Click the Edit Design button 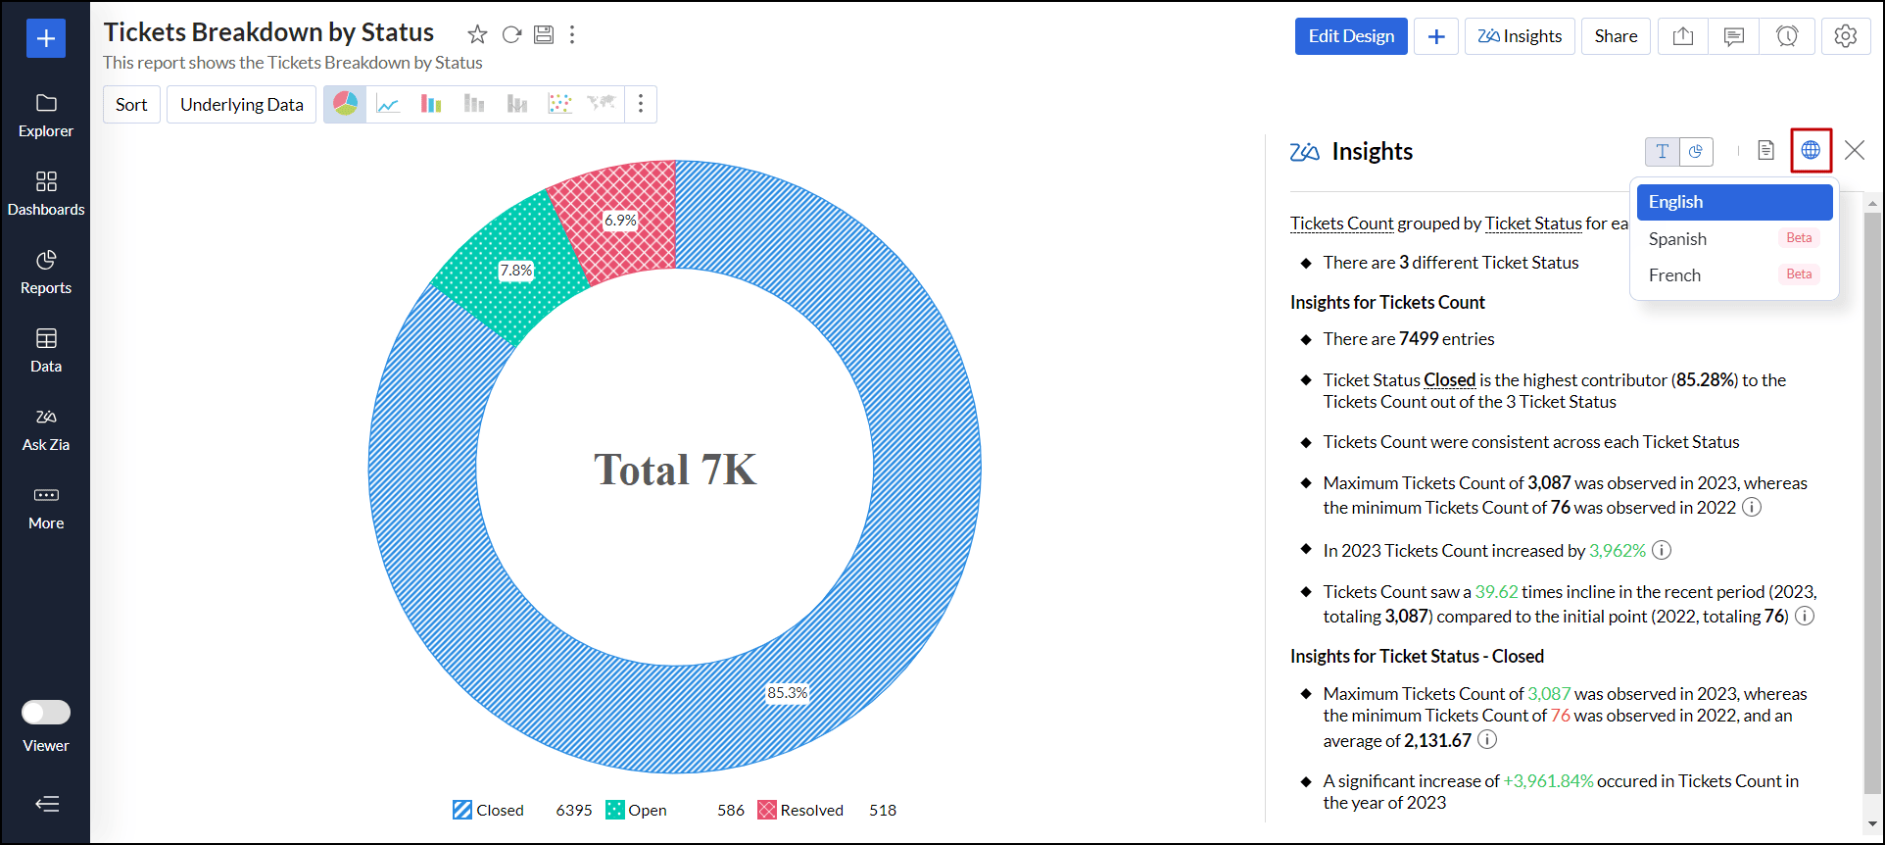coord(1350,36)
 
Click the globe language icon coord(1811,150)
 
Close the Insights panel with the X coord(1854,150)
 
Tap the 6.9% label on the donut coord(620,221)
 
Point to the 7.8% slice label coord(516,271)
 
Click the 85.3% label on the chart coord(788,693)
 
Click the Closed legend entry coord(489,810)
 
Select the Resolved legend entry coord(800,810)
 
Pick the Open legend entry coord(637,810)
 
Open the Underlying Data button coord(241,105)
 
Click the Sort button coord(131,105)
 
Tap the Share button coord(1616,36)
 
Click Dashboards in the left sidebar coord(46,193)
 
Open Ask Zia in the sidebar coord(46,428)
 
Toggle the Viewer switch coord(46,712)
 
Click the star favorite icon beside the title coord(477,35)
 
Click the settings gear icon coord(1845,36)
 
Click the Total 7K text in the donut coord(675,470)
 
